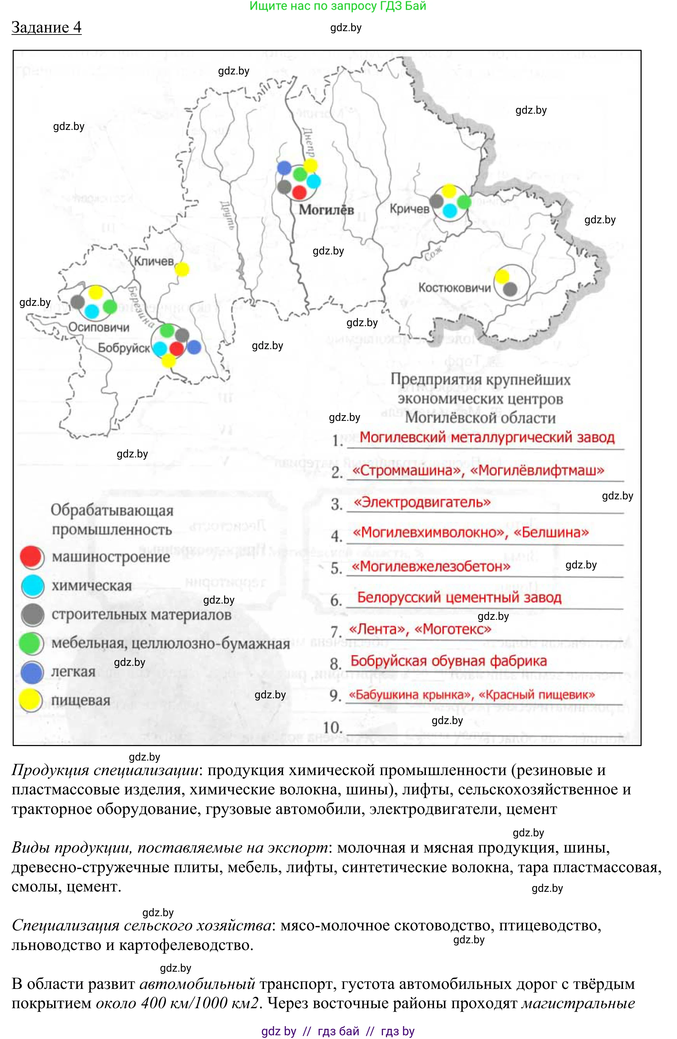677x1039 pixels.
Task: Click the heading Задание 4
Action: pyautogui.click(x=46, y=27)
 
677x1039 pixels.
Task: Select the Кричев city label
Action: pyautogui.click(x=409, y=209)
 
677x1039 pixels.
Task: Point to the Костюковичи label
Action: pyautogui.click(x=455, y=288)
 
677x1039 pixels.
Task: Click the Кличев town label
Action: pyautogui.click(x=153, y=261)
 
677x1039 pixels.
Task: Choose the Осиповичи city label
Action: pyautogui.click(x=99, y=327)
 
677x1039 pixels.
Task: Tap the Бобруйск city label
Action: pyautogui.click(x=124, y=348)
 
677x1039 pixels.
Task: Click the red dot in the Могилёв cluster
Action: pyautogui.click(x=299, y=191)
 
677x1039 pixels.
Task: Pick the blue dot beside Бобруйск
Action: pyautogui.click(x=194, y=347)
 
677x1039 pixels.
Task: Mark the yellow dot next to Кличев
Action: pyautogui.click(x=182, y=269)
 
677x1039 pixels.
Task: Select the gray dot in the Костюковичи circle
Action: pyautogui.click(x=510, y=289)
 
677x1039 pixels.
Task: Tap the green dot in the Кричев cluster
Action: pyautogui.click(x=464, y=202)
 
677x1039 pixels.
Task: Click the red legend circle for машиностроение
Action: pyautogui.click(x=32, y=557)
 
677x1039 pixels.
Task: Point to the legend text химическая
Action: pyautogui.click(x=92, y=585)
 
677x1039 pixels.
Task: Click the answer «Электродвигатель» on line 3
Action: pyautogui.click(x=422, y=502)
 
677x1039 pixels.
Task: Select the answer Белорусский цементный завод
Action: pyautogui.click(x=459, y=597)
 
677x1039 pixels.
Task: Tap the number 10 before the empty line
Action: pyautogui.click(x=332, y=727)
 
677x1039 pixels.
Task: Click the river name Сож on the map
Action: pyautogui.click(x=433, y=252)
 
